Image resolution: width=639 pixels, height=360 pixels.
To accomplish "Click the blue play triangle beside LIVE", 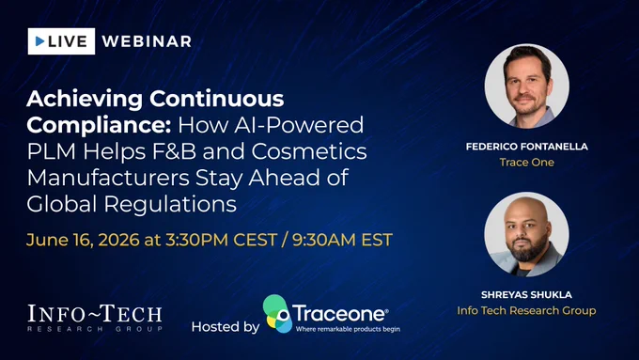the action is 39,41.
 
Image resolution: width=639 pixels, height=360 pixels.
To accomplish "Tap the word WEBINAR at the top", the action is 147,41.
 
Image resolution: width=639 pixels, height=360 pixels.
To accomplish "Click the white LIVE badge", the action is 61,41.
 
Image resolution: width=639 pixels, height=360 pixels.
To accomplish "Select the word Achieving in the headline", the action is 85,99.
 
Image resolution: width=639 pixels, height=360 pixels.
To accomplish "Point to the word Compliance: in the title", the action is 99,125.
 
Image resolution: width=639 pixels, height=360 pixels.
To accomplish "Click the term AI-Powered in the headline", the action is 299,125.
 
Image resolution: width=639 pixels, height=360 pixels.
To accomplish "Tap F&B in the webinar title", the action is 175,151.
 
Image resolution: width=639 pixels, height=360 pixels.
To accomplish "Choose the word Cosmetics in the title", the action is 309,151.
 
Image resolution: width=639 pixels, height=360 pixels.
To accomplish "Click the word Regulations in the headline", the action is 170,204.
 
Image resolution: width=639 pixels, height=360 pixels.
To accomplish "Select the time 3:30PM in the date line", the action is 196,240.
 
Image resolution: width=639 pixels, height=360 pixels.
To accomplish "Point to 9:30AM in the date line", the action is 324,240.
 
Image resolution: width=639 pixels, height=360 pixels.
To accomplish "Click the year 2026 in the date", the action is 119,240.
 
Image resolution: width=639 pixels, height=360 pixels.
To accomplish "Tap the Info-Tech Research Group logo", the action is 95,318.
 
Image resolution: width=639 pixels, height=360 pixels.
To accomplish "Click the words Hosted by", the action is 226,326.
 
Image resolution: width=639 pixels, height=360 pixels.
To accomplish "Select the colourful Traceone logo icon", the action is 277,314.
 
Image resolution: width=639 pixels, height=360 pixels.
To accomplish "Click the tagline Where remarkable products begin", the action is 348,329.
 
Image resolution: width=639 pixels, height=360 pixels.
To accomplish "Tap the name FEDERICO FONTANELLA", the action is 526,147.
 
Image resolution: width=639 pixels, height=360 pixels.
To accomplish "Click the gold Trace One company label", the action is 526,163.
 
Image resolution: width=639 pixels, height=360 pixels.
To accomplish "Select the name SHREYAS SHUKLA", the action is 526,295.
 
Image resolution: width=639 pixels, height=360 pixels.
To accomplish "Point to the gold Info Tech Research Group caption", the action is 526,311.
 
